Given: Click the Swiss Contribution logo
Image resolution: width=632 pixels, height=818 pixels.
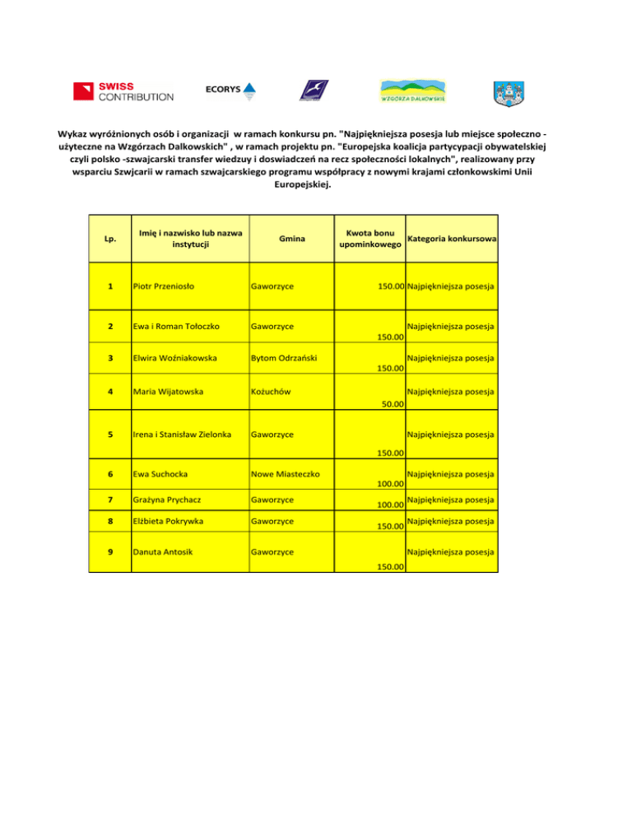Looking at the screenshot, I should click(x=123, y=91).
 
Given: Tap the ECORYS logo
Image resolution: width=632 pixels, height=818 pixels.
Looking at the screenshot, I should click(x=230, y=91).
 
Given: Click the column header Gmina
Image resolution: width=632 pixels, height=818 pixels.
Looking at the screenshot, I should click(x=288, y=239).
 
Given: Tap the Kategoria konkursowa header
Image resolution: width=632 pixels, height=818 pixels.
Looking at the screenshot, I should click(x=451, y=239).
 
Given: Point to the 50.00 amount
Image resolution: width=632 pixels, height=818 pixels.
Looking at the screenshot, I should click(x=391, y=404).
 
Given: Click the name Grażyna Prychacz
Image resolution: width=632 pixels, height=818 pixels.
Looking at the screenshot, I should click(x=168, y=500).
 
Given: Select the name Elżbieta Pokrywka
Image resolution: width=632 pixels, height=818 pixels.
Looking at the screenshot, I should click(x=169, y=521).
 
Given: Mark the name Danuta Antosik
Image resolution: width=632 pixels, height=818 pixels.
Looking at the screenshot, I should click(x=163, y=551).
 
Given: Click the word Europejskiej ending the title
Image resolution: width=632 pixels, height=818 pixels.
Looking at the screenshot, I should click(x=300, y=185).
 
